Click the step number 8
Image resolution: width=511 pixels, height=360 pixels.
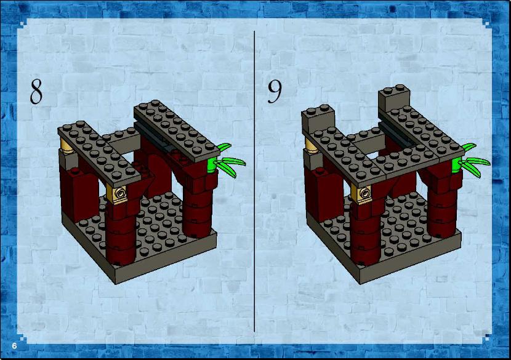tap(36, 92)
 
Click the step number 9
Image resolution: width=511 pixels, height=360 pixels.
tap(275, 92)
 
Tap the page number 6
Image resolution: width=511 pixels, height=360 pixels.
tap(14, 346)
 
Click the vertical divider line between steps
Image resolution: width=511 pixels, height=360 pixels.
tap(254, 181)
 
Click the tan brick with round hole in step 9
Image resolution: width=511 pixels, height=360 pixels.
tap(364, 193)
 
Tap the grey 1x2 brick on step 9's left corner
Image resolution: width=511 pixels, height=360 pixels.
tap(318, 119)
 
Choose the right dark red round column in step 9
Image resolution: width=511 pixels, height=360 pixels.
tap(443, 209)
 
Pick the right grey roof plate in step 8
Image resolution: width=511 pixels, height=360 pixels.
tap(176, 131)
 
